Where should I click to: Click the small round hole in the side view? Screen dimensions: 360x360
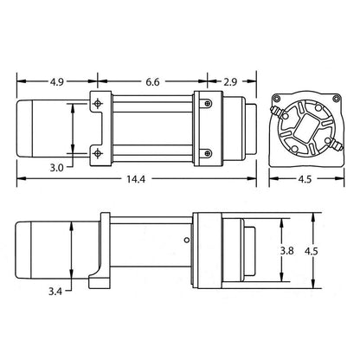click(185, 241)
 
